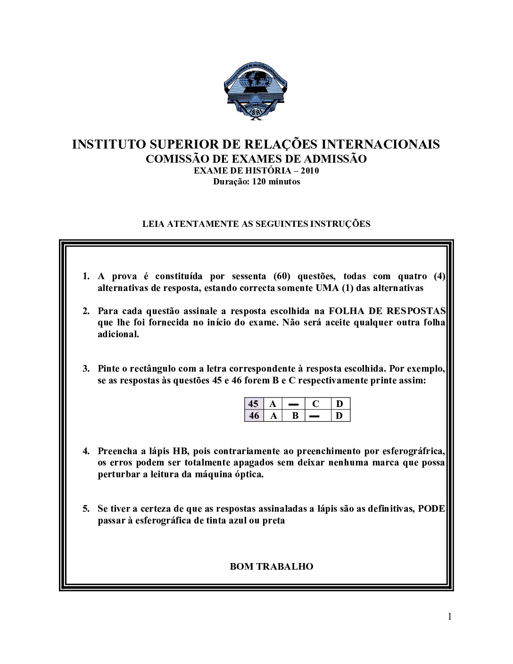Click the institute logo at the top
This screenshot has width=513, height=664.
256,92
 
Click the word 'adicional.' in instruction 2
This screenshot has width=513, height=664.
118,334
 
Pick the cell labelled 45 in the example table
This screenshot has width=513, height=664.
254,404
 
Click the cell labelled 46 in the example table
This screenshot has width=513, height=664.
254,415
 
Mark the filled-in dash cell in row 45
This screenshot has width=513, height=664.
293,404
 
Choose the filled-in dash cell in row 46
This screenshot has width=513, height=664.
316,415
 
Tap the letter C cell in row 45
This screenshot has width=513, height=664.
316,404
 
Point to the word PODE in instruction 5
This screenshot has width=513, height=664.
431,509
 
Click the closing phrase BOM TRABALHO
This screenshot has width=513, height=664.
272,566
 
